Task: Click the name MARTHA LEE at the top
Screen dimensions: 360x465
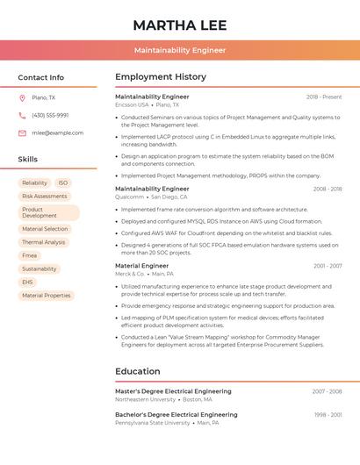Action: [179, 25]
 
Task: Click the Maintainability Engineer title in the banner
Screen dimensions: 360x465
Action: [179, 51]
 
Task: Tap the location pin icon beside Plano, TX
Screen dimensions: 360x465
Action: [22, 97]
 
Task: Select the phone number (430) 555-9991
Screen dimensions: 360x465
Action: [50, 115]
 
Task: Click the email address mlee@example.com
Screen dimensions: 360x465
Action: [57, 132]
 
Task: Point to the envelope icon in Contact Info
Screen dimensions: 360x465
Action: [22, 132]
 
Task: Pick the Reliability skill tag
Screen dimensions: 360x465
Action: [34, 183]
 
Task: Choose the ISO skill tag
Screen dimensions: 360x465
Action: [63, 183]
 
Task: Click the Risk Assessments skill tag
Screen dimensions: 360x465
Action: [44, 197]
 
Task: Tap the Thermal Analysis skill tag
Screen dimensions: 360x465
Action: [43, 242]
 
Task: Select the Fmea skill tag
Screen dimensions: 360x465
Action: [30, 255]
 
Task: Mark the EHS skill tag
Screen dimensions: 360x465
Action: [27, 283]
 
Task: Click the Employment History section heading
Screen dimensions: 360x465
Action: [161, 77]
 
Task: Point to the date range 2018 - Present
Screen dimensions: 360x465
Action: [324, 97]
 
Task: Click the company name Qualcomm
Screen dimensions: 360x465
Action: [129, 197]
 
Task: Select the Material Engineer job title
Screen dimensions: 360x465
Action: [141, 266]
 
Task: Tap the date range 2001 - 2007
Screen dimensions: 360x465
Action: [328, 266]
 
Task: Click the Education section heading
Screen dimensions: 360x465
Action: [138, 371]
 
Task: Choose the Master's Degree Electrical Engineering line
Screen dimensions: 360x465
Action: [173, 391]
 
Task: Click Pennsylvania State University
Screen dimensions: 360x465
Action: [152, 423]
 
